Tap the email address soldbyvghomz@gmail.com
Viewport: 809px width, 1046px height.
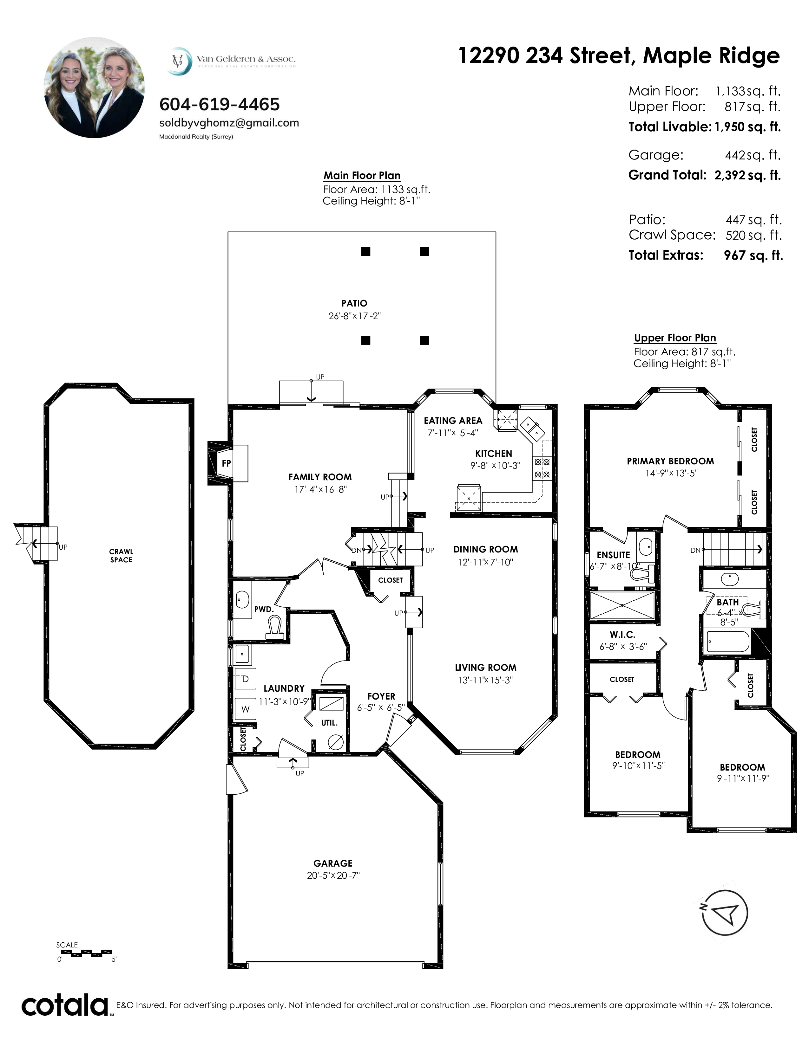click(229, 123)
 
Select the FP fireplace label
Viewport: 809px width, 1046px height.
click(226, 463)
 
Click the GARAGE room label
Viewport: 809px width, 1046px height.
click(333, 863)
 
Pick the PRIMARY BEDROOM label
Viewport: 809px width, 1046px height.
click(670, 461)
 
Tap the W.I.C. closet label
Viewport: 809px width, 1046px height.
click(622, 635)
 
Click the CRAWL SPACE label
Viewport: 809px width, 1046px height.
click(121, 556)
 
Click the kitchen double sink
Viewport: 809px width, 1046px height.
click(532, 428)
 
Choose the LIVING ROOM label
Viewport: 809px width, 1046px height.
click(485, 667)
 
